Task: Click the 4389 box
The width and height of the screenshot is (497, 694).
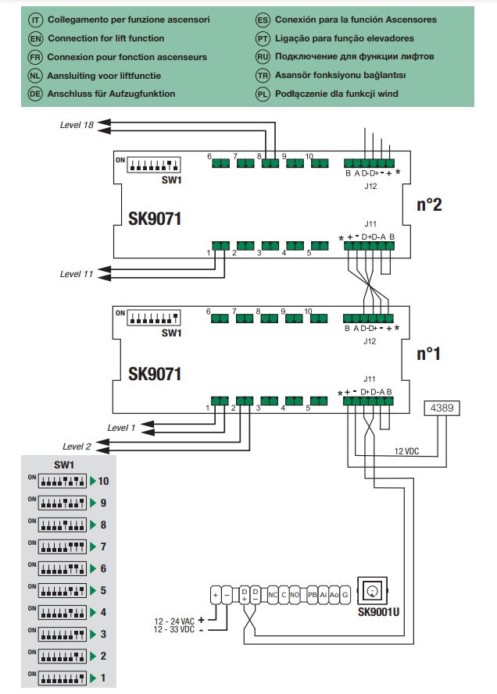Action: (443, 408)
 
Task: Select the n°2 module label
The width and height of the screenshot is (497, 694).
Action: (429, 205)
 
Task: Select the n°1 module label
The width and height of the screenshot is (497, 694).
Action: (429, 354)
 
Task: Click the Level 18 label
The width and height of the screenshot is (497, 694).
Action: (77, 125)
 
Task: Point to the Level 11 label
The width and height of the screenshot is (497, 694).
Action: (77, 274)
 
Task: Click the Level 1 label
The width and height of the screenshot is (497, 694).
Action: (121, 428)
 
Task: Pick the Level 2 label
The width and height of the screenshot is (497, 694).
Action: (77, 447)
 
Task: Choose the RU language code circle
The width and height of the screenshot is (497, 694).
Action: (263, 56)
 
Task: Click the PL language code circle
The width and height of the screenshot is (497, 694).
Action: (263, 94)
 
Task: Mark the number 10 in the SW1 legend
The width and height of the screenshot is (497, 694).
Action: (103, 481)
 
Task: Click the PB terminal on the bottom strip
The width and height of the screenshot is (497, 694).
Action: (312, 595)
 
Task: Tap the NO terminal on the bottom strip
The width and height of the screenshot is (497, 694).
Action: (295, 595)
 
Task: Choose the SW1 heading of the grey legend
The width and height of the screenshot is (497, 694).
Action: (63, 465)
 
